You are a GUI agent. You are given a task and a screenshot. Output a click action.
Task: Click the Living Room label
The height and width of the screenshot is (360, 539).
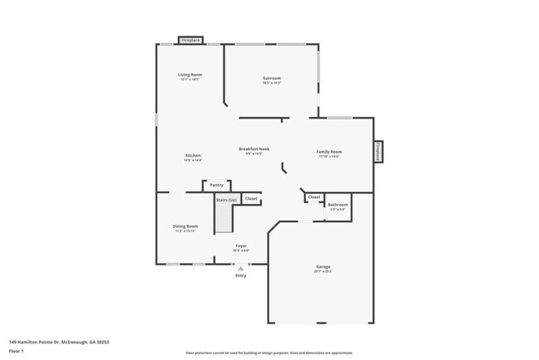coord(190,75)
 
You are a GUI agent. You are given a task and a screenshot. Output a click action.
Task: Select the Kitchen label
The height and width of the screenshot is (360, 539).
coord(192,155)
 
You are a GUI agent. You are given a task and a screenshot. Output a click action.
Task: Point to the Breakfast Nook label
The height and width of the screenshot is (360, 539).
coord(254,149)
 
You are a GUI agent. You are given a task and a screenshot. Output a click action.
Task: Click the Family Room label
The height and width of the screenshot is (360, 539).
coord(329,152)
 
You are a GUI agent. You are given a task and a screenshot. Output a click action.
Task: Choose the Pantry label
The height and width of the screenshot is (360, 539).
coord(216,185)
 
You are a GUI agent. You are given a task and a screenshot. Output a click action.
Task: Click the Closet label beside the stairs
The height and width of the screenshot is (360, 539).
coord(250,199)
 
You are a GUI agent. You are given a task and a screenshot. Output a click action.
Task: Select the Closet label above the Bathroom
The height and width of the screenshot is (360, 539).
coord(313,197)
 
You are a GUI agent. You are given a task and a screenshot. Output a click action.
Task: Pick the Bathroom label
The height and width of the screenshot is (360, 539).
coord(337,204)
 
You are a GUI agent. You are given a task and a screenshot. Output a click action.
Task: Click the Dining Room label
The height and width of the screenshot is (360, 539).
coord(185,226)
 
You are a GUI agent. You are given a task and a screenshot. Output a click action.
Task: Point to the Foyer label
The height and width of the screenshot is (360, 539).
coord(241,246)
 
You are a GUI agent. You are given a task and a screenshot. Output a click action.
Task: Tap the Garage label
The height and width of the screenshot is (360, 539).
coord(323,266)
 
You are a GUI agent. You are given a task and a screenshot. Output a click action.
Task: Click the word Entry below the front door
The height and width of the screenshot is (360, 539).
coord(240,275)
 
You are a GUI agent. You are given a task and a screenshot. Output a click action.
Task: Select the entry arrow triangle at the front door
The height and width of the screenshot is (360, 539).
coord(240,269)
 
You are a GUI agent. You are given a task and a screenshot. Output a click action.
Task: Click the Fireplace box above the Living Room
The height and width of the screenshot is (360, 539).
coord(191,40)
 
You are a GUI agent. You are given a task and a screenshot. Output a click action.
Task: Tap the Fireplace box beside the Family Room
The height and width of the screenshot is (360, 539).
coord(377,151)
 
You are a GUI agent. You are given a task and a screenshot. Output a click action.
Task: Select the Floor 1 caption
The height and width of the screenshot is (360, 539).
coord(17,351)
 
